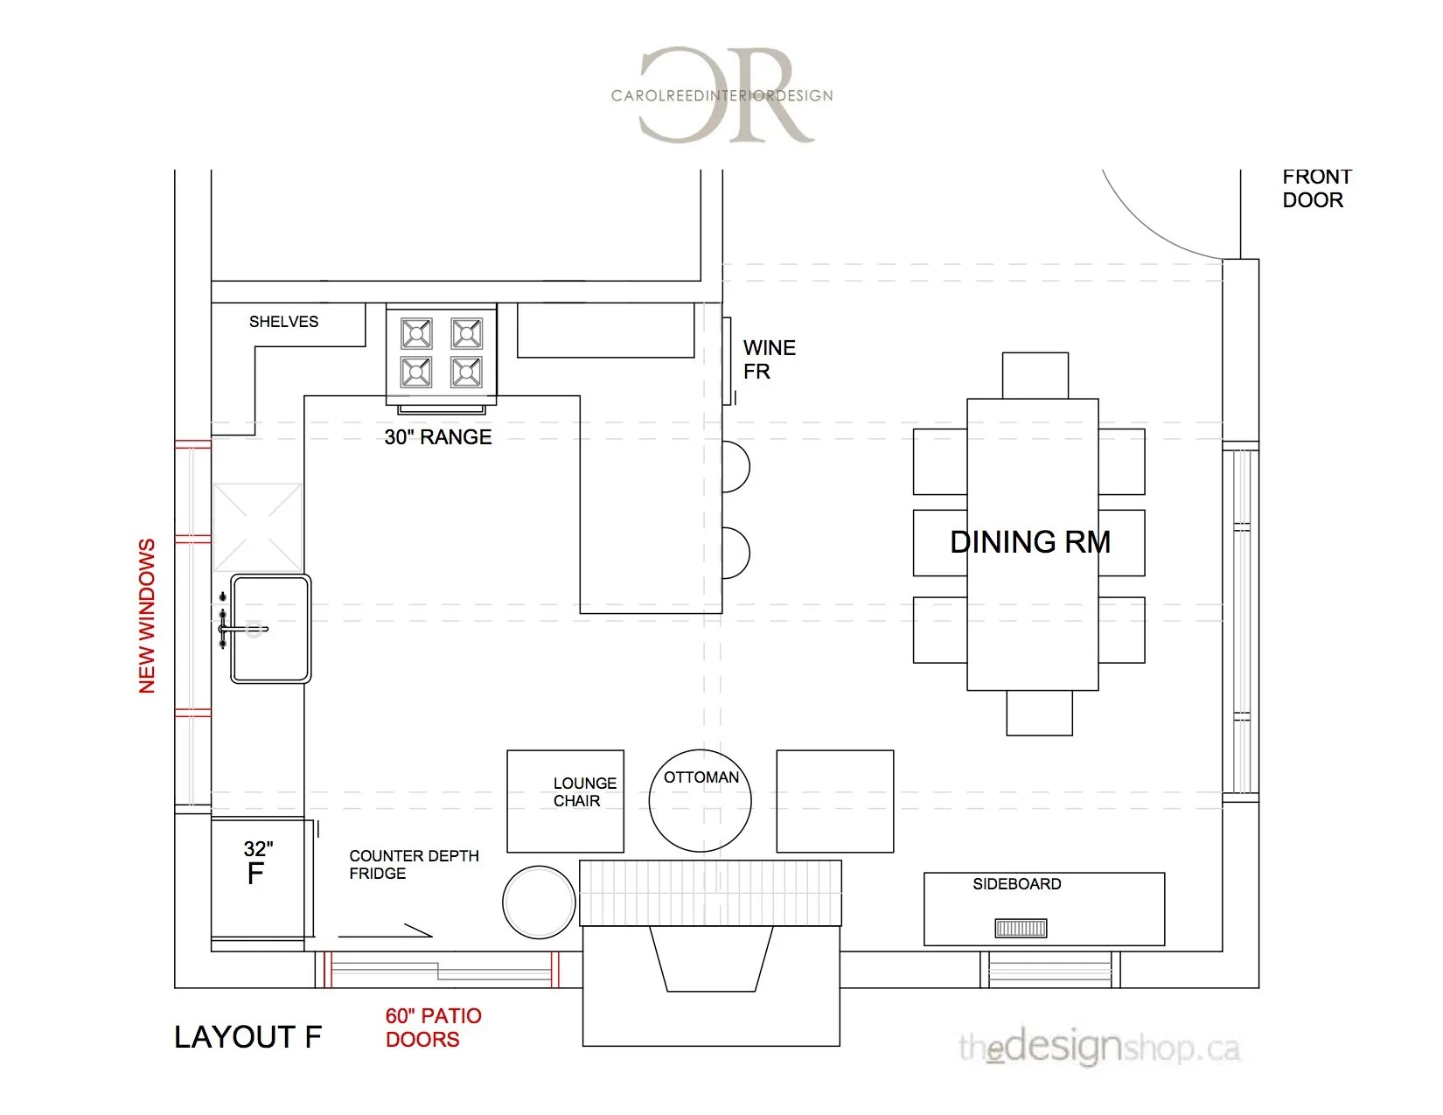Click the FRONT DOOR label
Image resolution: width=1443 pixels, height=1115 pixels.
(1316, 188)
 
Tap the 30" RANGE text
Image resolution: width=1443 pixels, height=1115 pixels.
(437, 437)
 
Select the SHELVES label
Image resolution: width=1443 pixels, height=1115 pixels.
(283, 322)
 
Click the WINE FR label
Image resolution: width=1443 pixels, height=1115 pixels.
(768, 359)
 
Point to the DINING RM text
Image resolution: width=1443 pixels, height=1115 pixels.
(1030, 542)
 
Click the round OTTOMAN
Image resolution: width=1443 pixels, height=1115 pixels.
(701, 801)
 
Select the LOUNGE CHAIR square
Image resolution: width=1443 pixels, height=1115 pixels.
(566, 801)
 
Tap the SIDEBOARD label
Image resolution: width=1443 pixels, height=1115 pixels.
(1016, 884)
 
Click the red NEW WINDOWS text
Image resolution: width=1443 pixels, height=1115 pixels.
(147, 617)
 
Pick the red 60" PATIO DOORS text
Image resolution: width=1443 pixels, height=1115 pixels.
(433, 1028)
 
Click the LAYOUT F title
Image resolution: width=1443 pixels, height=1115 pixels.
(247, 1037)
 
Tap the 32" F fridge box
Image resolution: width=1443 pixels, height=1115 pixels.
(260, 879)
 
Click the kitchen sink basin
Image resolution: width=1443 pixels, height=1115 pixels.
(270, 629)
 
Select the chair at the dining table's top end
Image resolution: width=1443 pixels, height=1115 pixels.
(1035, 375)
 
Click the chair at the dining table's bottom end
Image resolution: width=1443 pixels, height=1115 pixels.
(1039, 713)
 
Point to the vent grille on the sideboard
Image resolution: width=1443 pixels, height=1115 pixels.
(1021, 928)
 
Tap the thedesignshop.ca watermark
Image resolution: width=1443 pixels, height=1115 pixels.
(1098, 1047)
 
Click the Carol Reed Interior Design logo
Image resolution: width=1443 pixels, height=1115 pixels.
(722, 94)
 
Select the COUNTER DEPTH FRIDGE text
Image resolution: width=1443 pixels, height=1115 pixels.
(413, 864)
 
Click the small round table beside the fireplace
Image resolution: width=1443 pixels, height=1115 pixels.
(539, 902)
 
